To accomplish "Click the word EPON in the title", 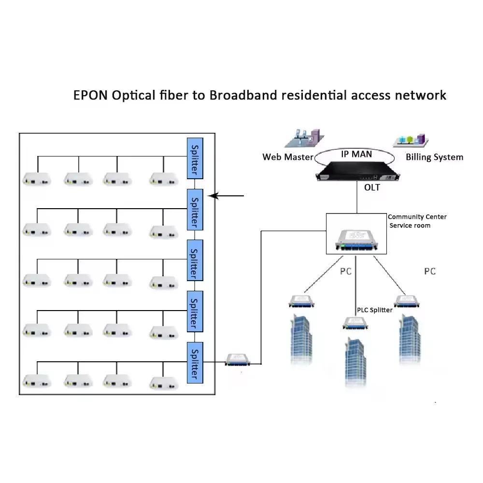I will pos(90,95).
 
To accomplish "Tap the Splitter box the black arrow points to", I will pos(195,210).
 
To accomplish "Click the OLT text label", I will pos(371,187).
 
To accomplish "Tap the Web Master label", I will pos(287,157).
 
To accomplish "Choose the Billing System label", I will pos(434,157).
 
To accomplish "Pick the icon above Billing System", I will pos(411,140).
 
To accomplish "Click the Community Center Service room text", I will pos(416,221).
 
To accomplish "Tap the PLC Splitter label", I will pos(374,310).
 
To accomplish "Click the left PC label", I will pos(345,271).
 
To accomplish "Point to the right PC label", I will pos(429,271).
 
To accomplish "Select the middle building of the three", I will pos(355,362).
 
